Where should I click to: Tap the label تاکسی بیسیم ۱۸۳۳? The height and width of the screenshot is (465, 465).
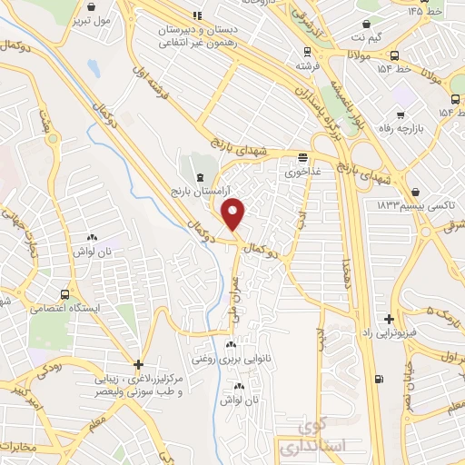[x=407, y=206]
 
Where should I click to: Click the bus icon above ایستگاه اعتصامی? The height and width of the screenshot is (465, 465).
[x=65, y=294]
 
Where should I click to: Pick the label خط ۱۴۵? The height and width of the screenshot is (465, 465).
[x=429, y=11]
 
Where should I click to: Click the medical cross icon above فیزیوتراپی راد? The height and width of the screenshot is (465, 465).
[x=389, y=319]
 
